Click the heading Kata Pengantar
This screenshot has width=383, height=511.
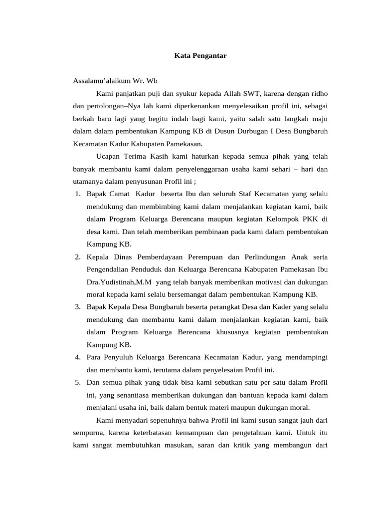(200, 56)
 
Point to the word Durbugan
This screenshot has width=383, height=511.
(242, 131)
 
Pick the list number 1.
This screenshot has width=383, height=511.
(78, 194)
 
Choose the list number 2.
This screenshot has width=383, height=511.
(78, 257)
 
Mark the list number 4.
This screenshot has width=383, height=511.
(78, 357)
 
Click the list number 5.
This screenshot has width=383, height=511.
(78, 382)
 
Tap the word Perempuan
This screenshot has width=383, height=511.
(205, 257)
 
